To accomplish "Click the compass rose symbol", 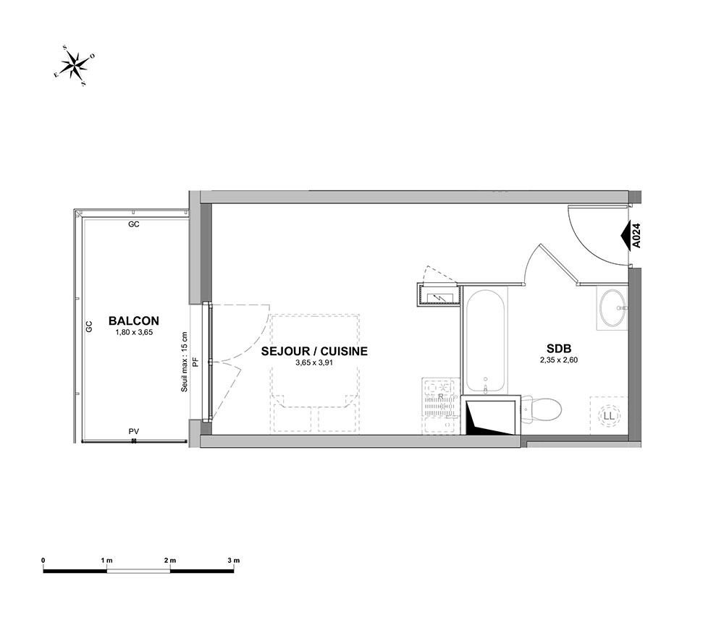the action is (x=75, y=66).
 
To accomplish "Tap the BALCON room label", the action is (x=134, y=320).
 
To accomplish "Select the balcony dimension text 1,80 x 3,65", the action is (x=134, y=331).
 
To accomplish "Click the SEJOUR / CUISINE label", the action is (x=314, y=351).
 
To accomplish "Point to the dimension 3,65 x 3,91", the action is (x=314, y=362).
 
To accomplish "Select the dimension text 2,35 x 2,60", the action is (x=559, y=360).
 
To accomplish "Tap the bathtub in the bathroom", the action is (x=485, y=341).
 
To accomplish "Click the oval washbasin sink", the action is (x=613, y=307).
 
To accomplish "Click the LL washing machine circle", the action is (x=610, y=416).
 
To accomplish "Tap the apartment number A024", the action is (x=636, y=235).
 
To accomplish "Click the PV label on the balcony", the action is (x=134, y=431).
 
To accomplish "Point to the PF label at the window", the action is (x=195, y=362).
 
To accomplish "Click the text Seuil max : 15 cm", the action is (x=184, y=362).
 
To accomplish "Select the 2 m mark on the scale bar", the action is (x=170, y=561).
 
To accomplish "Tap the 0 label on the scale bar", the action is (x=43, y=561).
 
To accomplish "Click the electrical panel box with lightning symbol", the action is (x=438, y=294).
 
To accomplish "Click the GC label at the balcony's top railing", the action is (x=134, y=225).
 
